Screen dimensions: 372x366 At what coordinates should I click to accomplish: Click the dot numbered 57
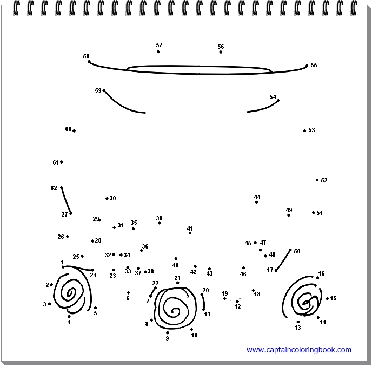click(x=158, y=52)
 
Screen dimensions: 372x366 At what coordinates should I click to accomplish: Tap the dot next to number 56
click(x=221, y=52)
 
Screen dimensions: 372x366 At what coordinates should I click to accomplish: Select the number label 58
click(x=86, y=56)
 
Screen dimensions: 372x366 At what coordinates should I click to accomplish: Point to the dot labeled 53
click(x=304, y=130)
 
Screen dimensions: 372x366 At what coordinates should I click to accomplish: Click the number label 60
click(x=68, y=129)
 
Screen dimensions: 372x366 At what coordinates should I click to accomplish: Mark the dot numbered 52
click(x=317, y=180)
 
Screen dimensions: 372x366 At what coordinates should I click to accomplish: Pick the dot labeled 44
click(x=256, y=202)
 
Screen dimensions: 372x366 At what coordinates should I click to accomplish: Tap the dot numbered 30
click(x=107, y=199)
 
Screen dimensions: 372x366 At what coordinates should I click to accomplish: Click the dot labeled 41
click(x=190, y=233)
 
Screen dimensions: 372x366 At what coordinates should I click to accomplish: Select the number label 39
click(x=159, y=218)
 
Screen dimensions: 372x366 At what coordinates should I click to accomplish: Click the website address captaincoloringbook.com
click(x=299, y=350)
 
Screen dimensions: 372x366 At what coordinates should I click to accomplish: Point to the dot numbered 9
click(x=168, y=333)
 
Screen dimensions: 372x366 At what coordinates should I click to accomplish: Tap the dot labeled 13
click(x=298, y=322)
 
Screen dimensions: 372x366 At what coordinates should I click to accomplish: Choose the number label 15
click(x=333, y=298)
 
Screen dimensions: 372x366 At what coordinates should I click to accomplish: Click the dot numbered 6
click(x=128, y=292)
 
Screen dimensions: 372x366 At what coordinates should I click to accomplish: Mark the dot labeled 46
click(x=243, y=267)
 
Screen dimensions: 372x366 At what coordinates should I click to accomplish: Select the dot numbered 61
click(x=62, y=162)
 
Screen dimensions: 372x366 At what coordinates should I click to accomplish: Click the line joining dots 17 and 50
click(x=283, y=260)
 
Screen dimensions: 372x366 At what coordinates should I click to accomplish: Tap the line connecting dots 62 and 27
click(x=66, y=201)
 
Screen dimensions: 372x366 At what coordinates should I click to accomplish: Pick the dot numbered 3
click(x=50, y=304)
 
